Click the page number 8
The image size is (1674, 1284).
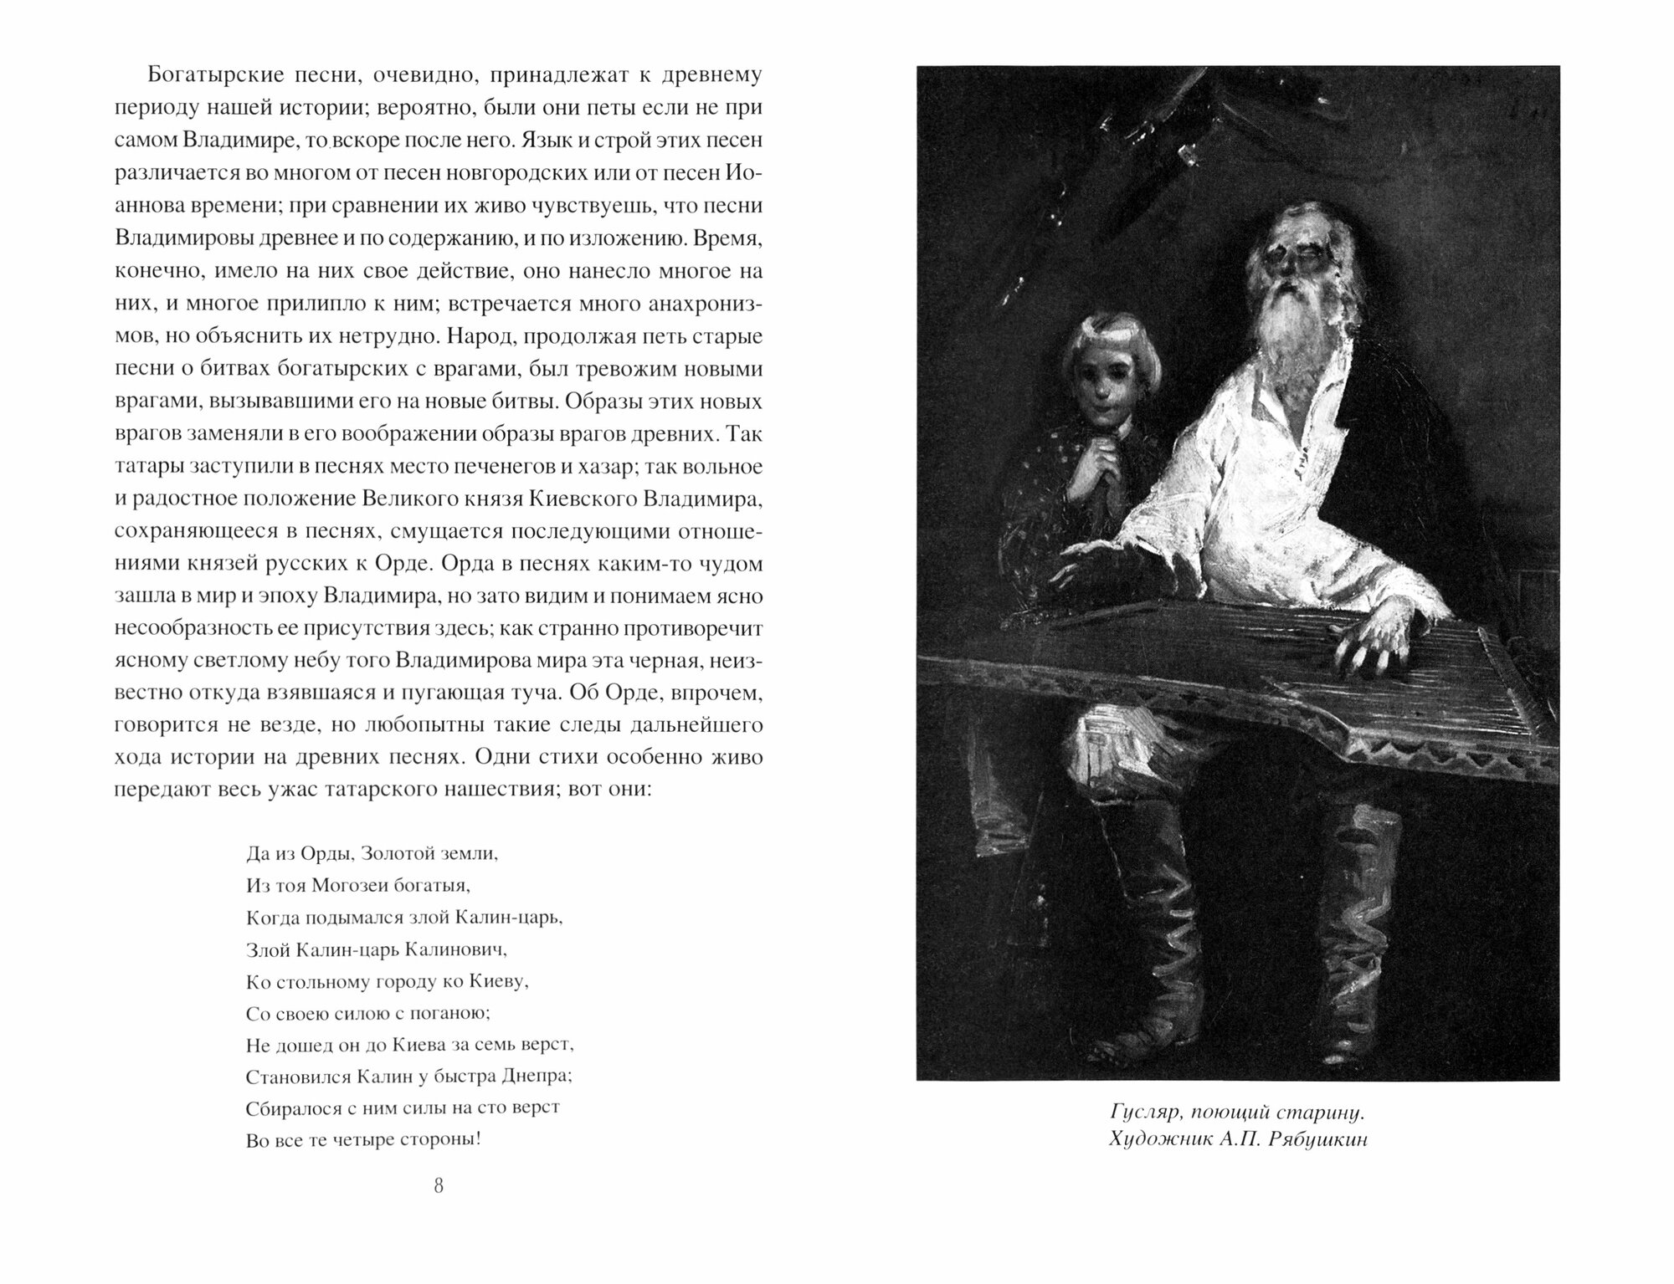pyautogui.click(x=438, y=1189)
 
